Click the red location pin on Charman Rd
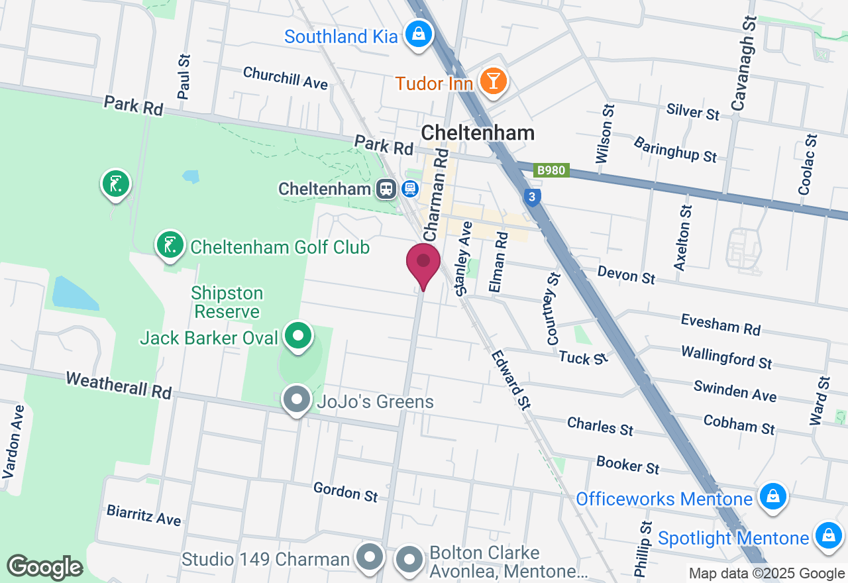click(x=423, y=264)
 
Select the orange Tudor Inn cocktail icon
click(x=494, y=81)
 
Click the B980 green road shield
click(x=551, y=170)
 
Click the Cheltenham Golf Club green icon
click(x=170, y=245)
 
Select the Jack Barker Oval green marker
click(x=298, y=336)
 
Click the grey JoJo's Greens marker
click(x=297, y=399)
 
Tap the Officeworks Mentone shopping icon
click(x=772, y=496)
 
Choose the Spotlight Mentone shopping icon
click(x=827, y=535)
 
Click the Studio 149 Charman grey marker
click(x=369, y=558)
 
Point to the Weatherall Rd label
click(x=119, y=385)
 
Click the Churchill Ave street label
click(x=286, y=78)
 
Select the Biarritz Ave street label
click(x=144, y=515)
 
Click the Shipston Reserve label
click(x=227, y=302)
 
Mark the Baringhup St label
click(x=675, y=150)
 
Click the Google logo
click(x=45, y=568)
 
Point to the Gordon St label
click(x=345, y=492)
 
